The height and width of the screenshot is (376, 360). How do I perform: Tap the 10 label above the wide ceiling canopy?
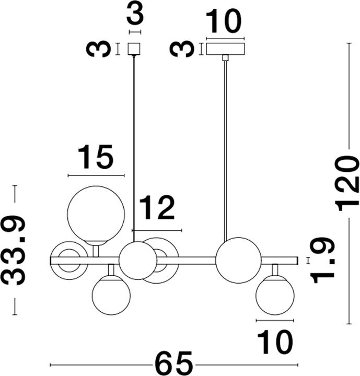224,22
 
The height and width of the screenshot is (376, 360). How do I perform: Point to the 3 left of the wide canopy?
179,49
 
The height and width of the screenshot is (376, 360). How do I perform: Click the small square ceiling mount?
135,49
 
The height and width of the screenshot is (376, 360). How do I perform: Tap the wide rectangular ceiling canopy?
225,49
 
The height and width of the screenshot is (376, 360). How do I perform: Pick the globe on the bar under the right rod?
238,260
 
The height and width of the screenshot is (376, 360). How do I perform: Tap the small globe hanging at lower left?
111,296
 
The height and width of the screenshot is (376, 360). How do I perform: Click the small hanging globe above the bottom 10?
275,296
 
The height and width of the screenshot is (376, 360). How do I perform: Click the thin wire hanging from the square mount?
135,146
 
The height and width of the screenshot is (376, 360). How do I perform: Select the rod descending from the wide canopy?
225,146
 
